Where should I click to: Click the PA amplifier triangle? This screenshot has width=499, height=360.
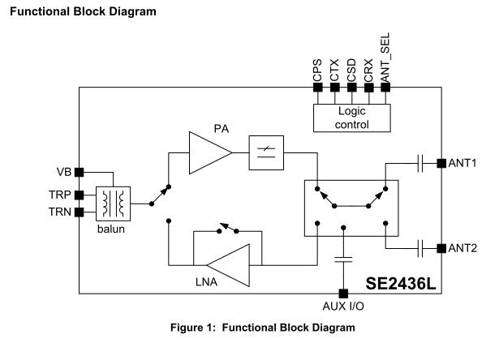click(x=207, y=152)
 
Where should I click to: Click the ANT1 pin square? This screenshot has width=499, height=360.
click(x=441, y=163)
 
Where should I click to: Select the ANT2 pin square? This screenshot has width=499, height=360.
click(x=441, y=247)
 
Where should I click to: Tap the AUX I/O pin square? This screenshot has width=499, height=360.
click(x=344, y=293)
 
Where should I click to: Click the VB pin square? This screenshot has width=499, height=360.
click(x=80, y=172)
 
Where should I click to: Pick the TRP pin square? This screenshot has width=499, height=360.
click(x=80, y=195)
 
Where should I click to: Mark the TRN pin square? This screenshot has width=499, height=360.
click(x=80, y=213)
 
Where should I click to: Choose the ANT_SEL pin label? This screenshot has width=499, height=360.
click(x=385, y=61)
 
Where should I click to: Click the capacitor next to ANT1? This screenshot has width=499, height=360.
click(x=422, y=163)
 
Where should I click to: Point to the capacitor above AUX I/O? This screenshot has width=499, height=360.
click(x=344, y=260)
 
